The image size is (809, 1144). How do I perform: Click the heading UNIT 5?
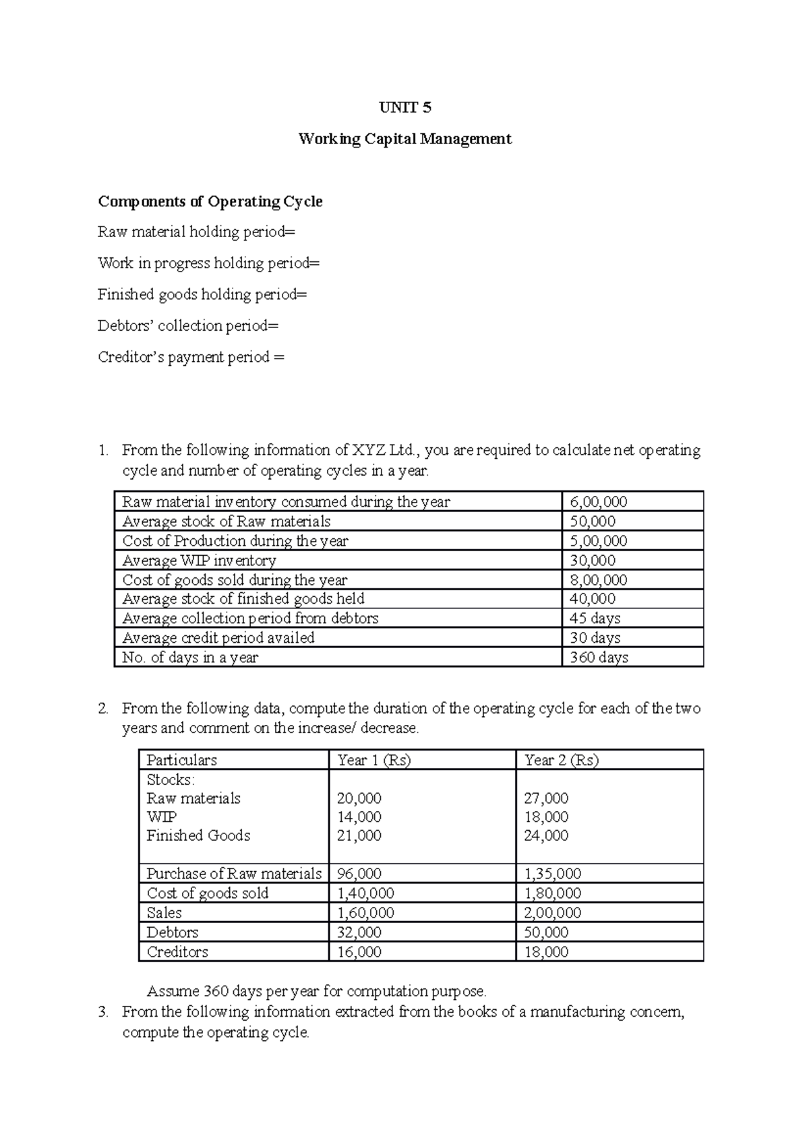pyautogui.click(x=404, y=108)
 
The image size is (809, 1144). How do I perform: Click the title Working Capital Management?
pyautogui.click(x=404, y=139)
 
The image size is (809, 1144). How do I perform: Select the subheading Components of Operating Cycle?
pyautogui.click(x=210, y=201)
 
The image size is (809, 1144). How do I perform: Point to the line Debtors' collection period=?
pyautogui.click(x=187, y=326)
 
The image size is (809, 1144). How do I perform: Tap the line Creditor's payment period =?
pyautogui.click(x=191, y=357)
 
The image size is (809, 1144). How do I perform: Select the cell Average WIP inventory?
pyautogui.click(x=199, y=561)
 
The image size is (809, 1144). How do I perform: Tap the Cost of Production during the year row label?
pyautogui.click(x=235, y=541)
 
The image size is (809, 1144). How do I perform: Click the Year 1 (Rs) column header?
pyautogui.click(x=373, y=761)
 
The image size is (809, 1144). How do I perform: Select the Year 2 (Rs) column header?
pyautogui.click(x=561, y=761)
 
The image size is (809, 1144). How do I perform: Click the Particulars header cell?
pyautogui.click(x=181, y=761)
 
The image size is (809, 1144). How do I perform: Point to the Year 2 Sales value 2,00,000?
pyautogui.click(x=552, y=913)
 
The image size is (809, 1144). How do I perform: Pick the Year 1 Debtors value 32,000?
pyautogui.click(x=359, y=932)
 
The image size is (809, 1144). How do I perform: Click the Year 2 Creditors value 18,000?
pyautogui.click(x=546, y=952)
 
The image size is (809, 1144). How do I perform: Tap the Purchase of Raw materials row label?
pyautogui.click(x=233, y=874)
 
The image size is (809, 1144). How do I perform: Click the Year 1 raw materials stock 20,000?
pyautogui.click(x=359, y=798)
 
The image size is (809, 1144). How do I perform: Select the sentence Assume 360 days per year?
pyautogui.click(x=316, y=991)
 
